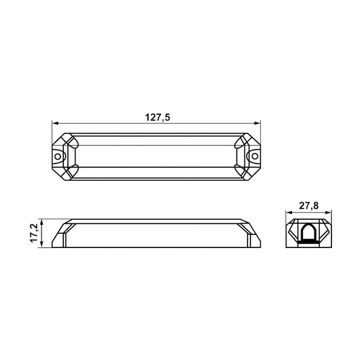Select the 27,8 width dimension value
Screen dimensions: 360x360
point(308,206)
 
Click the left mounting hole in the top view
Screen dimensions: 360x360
point(58,156)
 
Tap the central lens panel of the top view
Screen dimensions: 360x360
point(156,156)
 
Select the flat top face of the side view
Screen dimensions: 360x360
point(156,221)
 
